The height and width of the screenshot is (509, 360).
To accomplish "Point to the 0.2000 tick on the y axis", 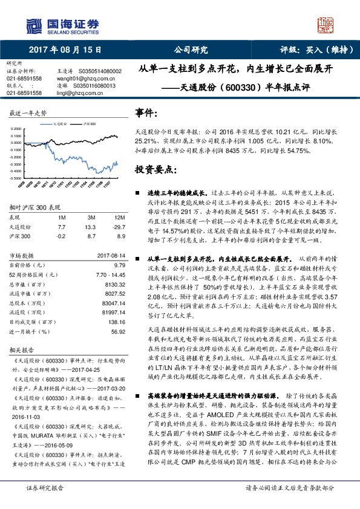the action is point(19,129).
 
